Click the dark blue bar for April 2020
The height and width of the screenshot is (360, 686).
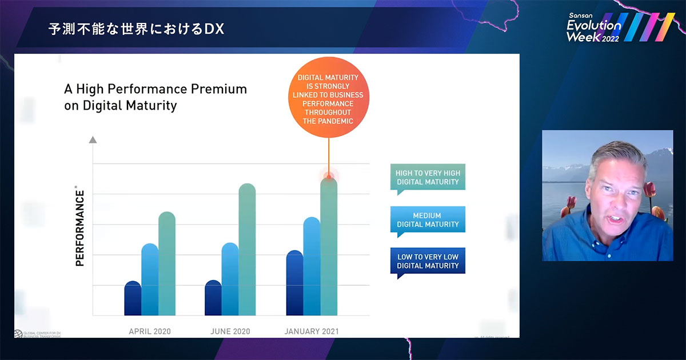[x=133, y=298]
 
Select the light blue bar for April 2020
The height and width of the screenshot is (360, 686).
[x=150, y=279]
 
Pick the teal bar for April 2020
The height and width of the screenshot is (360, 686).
[x=167, y=263]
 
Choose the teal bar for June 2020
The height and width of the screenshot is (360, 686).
[x=247, y=249]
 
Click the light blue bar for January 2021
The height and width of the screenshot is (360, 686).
[x=312, y=266]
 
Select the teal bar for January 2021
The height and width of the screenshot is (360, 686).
[x=329, y=246]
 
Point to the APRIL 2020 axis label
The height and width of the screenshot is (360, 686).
[x=150, y=331]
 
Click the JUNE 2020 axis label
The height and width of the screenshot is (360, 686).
[x=230, y=331]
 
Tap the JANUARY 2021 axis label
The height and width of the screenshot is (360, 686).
[x=311, y=331]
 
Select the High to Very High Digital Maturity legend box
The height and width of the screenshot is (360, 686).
[x=428, y=178]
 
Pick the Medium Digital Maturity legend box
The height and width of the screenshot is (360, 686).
[x=428, y=220]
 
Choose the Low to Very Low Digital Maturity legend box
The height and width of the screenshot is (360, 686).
[x=428, y=262]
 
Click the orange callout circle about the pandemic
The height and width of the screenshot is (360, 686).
[x=329, y=97]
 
